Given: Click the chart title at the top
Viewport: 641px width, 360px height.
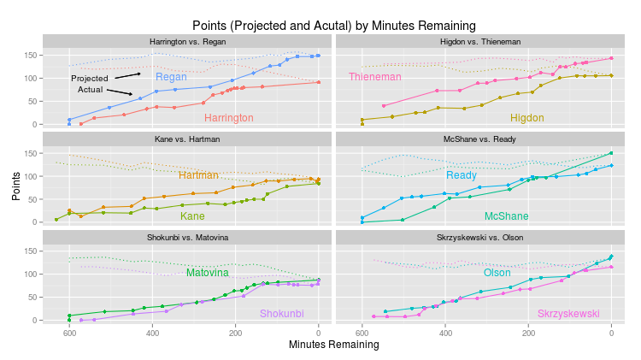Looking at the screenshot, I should coord(333,26).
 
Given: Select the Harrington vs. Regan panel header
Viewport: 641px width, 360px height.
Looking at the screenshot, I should coord(188,41).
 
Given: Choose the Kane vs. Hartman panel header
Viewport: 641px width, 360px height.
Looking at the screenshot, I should coord(188,139).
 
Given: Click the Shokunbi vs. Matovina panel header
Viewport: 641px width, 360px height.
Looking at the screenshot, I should coord(188,237).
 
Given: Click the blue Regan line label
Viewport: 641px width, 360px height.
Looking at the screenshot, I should coord(171,77).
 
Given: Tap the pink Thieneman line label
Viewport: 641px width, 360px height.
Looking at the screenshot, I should coord(374,77).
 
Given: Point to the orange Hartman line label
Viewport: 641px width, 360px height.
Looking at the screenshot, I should coord(198,175).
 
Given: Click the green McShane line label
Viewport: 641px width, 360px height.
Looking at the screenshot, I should coord(506,216).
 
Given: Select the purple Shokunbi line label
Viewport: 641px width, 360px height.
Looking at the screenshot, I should coord(281,314).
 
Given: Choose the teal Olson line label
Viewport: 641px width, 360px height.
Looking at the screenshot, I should coord(497,273).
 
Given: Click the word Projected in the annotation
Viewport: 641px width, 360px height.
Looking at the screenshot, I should coord(89,78).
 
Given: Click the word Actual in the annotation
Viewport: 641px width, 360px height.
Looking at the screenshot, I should coord(91,89).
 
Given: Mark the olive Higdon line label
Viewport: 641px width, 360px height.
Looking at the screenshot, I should coord(526,118).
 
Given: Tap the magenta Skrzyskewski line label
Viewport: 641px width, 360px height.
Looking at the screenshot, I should coord(568,314).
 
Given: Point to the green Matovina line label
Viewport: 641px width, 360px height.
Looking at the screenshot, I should coord(208,273).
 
